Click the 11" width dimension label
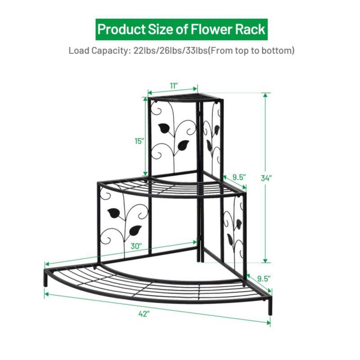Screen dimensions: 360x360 174,85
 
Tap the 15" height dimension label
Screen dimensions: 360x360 139,141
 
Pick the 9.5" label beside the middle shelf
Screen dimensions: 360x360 238,177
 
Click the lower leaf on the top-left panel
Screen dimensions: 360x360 183,145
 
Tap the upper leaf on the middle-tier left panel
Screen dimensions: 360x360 113,212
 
